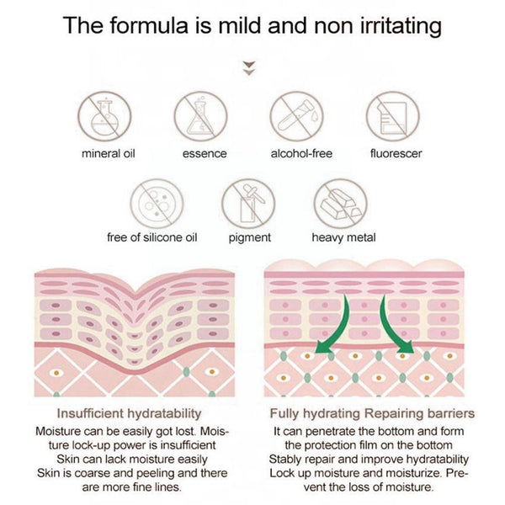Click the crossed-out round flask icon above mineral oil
pyautogui.click(x=104, y=116)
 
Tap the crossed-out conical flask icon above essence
pyautogui.click(x=200, y=116)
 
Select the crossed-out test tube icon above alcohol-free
pyautogui.click(x=296, y=116)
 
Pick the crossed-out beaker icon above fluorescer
pyautogui.click(x=393, y=116)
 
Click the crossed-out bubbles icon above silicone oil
pyautogui.click(x=157, y=204)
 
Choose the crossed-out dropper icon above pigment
pyautogui.click(x=248, y=204)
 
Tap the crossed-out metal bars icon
pyautogui.click(x=340, y=204)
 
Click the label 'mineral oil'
pyautogui.click(x=109, y=154)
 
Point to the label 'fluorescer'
pyautogui.click(x=396, y=153)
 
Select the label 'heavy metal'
pyautogui.click(x=343, y=237)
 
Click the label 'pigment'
pyautogui.click(x=250, y=238)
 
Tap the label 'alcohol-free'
pyautogui.click(x=301, y=153)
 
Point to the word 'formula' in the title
pyautogui.click(x=149, y=25)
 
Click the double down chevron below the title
pyautogui.click(x=248, y=68)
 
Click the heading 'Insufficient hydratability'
pyautogui.click(x=129, y=413)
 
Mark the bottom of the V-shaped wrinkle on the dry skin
pyautogui.click(x=136, y=292)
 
